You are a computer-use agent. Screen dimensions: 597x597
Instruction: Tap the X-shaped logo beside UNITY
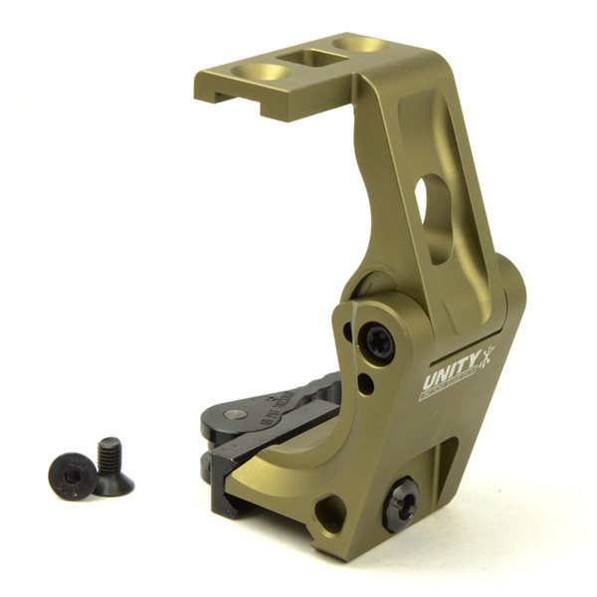point(487,356)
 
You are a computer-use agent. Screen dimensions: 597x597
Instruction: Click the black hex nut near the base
point(402,501)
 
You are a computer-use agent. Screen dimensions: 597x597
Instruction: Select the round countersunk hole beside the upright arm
point(360,45)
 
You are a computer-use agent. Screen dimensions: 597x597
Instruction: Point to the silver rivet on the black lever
point(235,415)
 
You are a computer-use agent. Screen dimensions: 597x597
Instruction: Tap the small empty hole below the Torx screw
point(367,383)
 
